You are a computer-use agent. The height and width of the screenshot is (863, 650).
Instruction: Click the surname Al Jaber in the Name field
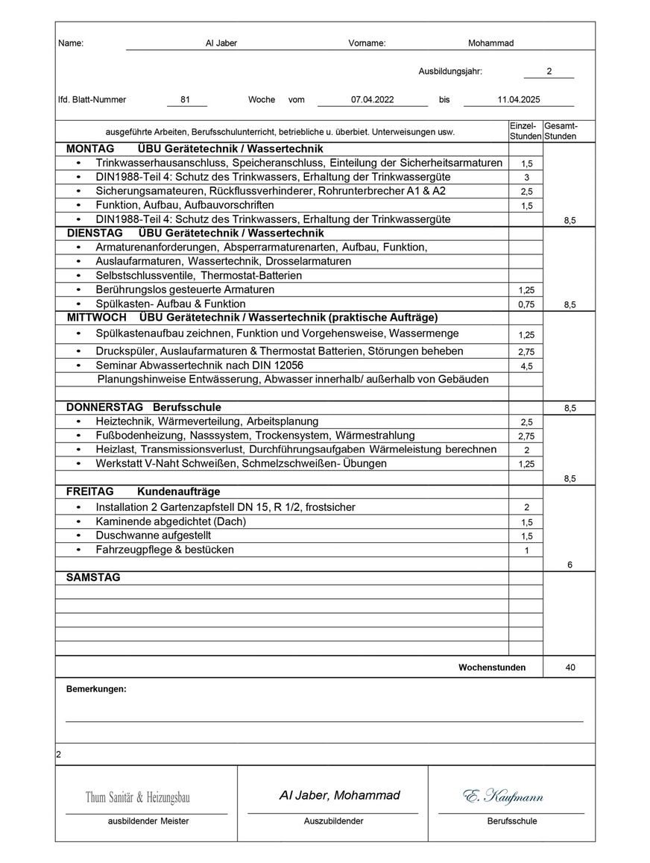click(221, 43)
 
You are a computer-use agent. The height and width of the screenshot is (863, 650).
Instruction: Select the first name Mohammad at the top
click(490, 43)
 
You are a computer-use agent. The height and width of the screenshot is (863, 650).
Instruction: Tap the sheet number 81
click(186, 99)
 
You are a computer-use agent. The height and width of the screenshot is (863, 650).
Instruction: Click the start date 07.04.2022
click(373, 99)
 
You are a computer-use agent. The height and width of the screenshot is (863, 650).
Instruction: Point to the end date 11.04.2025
click(519, 99)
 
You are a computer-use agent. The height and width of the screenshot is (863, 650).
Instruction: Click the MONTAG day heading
click(90, 149)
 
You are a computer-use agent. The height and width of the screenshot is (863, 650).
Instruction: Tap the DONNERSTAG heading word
click(104, 407)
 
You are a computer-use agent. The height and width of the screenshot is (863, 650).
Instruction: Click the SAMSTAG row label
click(93, 577)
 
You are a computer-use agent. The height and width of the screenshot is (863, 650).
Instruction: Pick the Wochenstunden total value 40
click(570, 668)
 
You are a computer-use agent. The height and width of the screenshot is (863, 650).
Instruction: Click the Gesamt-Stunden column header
click(561, 131)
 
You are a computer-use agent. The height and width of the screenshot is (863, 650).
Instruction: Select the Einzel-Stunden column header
click(525, 131)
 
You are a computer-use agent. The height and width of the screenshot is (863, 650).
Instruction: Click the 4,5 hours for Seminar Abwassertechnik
click(526, 366)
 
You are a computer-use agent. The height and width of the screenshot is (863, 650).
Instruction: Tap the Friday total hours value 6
click(569, 565)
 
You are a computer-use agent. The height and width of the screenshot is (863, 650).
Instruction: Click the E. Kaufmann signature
click(503, 797)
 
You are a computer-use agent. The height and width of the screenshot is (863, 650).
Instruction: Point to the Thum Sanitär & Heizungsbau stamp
click(138, 798)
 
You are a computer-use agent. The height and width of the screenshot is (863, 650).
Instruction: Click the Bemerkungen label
click(96, 689)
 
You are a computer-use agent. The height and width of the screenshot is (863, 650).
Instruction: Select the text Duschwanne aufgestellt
click(154, 536)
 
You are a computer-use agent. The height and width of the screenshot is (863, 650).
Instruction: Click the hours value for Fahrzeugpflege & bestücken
click(526, 550)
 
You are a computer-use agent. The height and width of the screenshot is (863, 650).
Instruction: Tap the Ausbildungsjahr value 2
click(549, 72)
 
